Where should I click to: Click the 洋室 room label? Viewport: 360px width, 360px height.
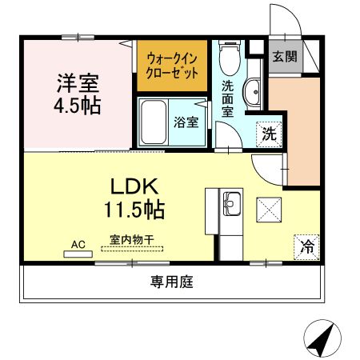(78, 82)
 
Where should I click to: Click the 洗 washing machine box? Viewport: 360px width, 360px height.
(269, 134)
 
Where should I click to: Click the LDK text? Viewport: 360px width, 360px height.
(134, 187)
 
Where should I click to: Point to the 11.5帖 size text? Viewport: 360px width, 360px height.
(134, 210)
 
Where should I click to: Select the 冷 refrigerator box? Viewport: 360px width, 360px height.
(306, 246)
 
